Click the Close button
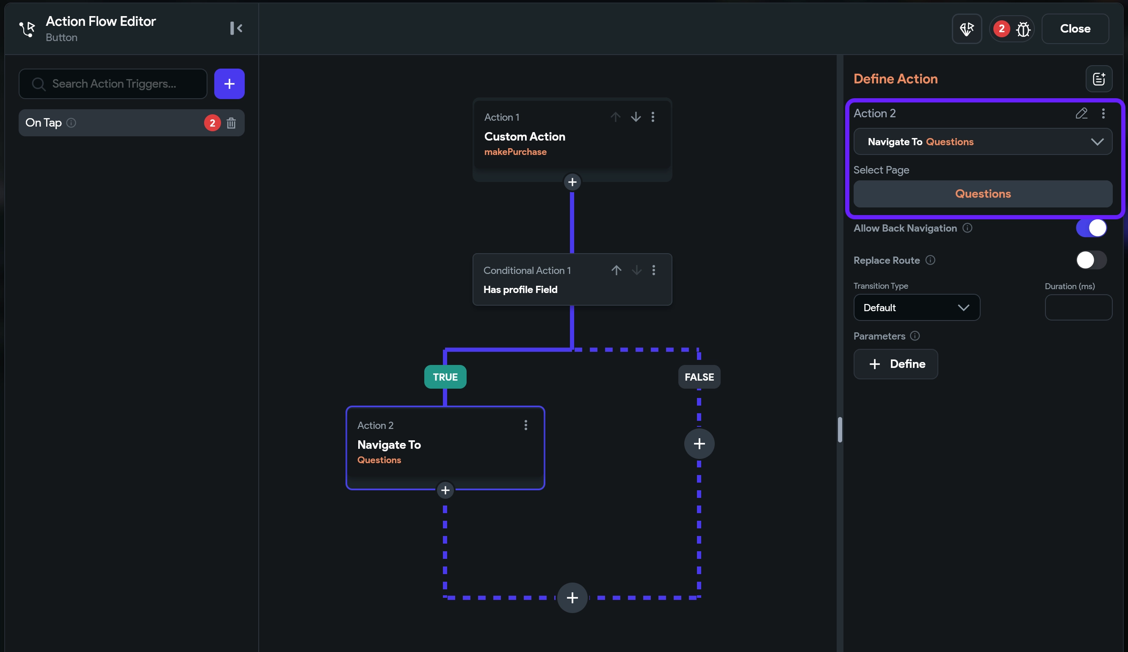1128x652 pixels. point(1075,29)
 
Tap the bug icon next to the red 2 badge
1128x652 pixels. point(1023,29)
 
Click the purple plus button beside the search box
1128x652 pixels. point(229,84)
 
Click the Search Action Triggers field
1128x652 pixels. point(113,84)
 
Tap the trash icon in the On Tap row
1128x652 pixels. point(231,123)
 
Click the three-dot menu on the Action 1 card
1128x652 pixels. point(652,117)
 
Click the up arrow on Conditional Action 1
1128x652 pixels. point(617,270)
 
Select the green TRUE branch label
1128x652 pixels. point(445,377)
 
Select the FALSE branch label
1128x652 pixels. point(699,377)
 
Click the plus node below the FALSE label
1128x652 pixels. point(699,443)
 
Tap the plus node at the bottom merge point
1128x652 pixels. point(572,597)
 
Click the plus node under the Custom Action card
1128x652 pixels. point(572,182)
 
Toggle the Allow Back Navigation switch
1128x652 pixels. point(1091,228)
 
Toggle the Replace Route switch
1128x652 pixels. point(1091,260)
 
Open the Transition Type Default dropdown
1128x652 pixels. point(916,307)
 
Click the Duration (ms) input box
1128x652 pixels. point(1078,307)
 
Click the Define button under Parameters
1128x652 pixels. point(895,364)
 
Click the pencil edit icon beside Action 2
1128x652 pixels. point(1081,113)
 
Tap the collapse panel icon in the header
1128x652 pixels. point(236,28)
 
